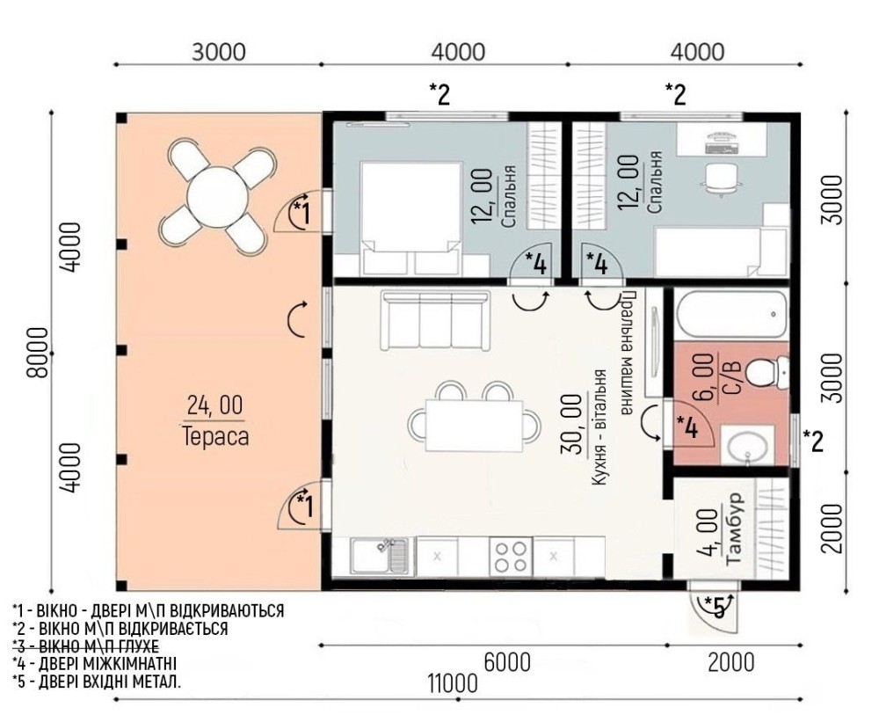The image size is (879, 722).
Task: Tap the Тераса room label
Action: pyautogui.click(x=215, y=436)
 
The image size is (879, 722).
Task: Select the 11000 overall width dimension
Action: pyautogui.click(x=453, y=684)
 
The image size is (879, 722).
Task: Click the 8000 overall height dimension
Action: pyautogui.click(x=38, y=352)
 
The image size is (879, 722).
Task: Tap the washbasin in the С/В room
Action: pyautogui.click(x=746, y=445)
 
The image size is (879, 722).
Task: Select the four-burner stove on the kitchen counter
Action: pyautogui.click(x=511, y=556)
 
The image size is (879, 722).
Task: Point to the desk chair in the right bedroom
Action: pyautogui.click(x=719, y=179)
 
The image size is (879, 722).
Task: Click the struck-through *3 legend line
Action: pyautogui.click(x=86, y=645)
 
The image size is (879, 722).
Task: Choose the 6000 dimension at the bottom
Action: pyautogui.click(x=506, y=662)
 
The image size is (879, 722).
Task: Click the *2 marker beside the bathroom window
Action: pyautogui.click(x=813, y=441)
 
